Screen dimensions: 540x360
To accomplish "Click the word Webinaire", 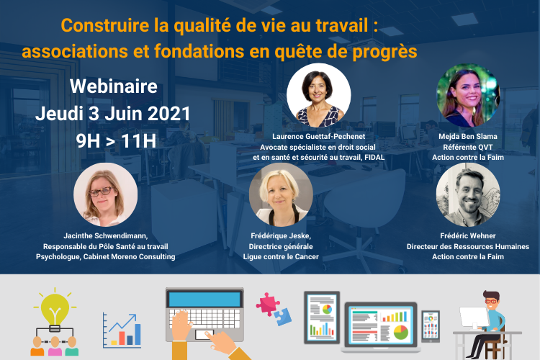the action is (114, 86).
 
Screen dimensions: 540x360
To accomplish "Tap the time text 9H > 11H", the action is (116, 141).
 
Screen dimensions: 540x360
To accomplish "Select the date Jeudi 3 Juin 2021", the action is (113, 114).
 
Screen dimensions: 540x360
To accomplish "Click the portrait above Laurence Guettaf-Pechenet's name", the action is (318, 95).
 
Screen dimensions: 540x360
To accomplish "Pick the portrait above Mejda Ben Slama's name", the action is (468, 95).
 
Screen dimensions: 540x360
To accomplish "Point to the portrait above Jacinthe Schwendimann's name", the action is (105, 194).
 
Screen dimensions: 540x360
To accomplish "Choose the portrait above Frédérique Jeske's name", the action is (281, 194).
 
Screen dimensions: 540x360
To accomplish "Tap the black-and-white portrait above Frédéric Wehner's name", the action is (468, 194).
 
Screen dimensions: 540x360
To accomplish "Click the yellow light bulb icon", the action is (55, 309).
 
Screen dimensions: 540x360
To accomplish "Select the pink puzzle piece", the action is (268, 304).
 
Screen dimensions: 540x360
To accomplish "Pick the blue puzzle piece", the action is (283, 317).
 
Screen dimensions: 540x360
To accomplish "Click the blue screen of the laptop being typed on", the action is (204, 299).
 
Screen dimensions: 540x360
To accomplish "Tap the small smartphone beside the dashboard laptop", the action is (431, 326).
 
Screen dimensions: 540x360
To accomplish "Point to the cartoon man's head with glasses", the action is (491, 300).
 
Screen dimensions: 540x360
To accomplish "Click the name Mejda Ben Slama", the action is (468, 136).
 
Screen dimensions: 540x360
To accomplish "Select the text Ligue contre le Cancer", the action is (281, 256).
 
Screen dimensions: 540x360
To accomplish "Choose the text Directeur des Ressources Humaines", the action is (468, 247).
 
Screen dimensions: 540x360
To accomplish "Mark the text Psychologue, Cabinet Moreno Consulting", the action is (105, 256).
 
